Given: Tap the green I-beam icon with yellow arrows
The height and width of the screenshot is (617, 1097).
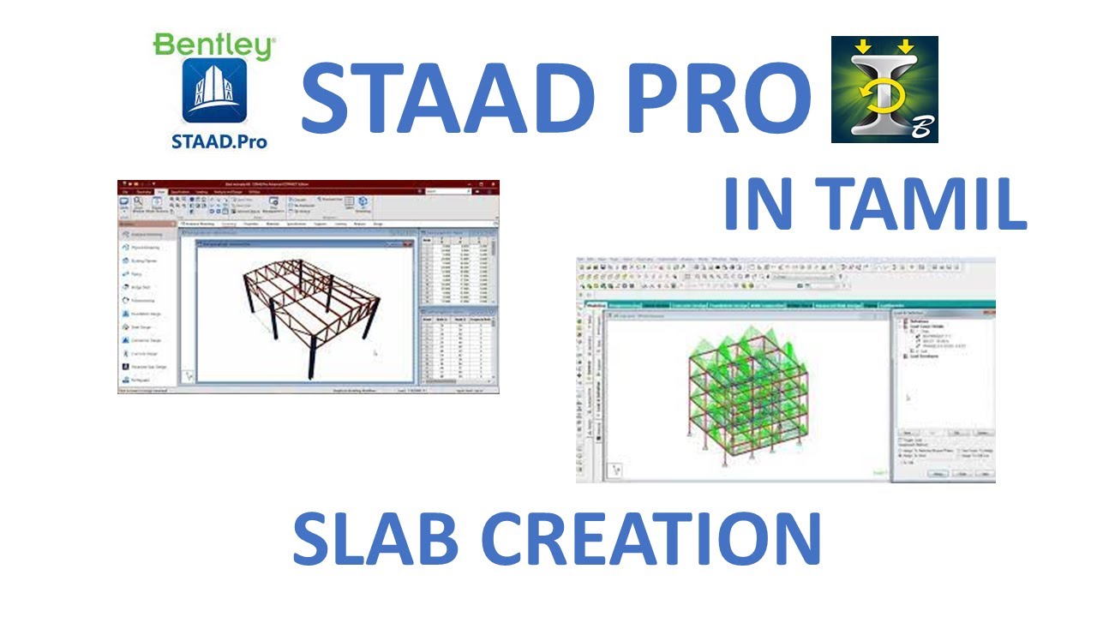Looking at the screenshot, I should [884, 89].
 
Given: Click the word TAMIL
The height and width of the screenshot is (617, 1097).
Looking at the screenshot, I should [921, 203].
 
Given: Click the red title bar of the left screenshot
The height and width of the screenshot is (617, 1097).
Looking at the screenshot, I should [309, 184].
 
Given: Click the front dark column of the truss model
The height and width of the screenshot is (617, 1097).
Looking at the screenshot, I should [312, 355].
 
